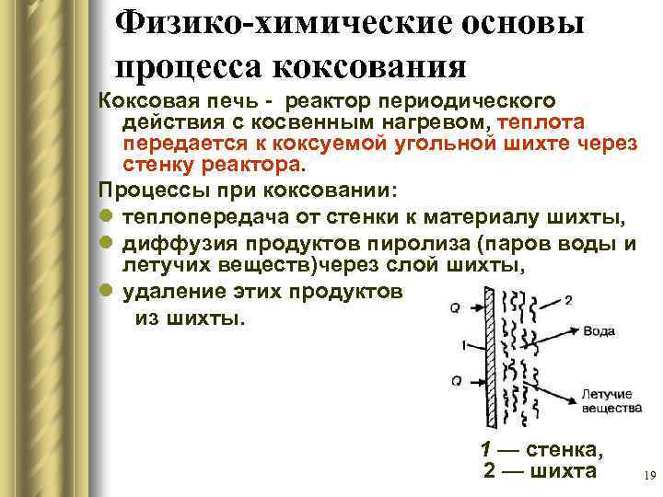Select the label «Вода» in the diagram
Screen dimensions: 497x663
599,330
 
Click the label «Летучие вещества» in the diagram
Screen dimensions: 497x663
606,399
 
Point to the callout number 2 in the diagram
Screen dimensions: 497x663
568,299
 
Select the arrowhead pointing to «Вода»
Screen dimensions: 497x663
575,330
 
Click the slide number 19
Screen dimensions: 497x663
646,476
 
